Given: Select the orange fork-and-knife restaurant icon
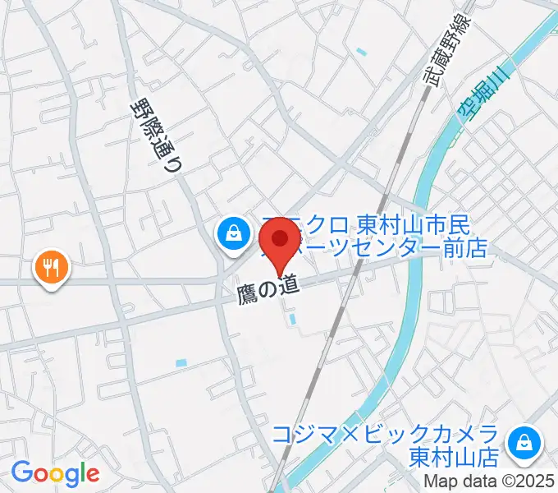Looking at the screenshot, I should click(51, 267).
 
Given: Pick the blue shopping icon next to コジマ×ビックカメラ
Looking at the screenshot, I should click(522, 445).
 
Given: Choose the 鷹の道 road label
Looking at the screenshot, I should click(266, 290).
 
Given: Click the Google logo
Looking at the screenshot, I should click(55, 473).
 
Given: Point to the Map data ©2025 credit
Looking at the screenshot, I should click(489, 482).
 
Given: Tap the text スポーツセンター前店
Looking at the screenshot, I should click(386, 247).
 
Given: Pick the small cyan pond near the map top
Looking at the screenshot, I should click(362, 53).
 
